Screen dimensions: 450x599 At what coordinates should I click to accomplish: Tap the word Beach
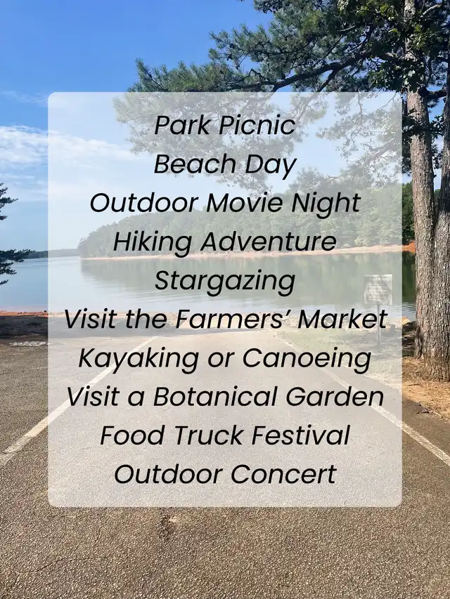coord(195,164)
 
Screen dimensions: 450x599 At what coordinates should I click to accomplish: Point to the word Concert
coord(283,475)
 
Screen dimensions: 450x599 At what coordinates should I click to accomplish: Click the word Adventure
coord(268,242)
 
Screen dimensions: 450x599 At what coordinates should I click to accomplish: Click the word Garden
coord(335,397)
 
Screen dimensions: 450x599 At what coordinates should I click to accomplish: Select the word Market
coord(342,320)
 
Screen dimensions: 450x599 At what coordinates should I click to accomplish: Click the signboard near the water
coord(378,289)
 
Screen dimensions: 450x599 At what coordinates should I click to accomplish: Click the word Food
coord(134,435)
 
